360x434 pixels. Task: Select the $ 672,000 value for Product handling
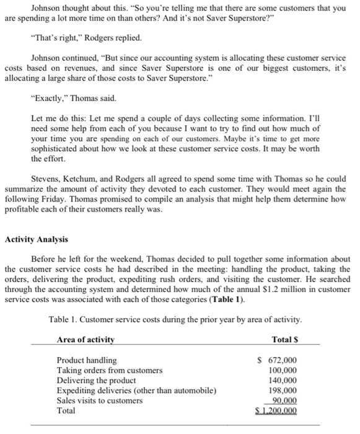pos(277,360)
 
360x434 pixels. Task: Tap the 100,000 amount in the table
pos(281,370)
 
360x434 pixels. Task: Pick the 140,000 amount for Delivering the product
pos(281,380)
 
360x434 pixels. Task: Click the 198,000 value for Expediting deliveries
pos(281,390)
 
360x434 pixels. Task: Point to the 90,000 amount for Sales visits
pos(284,400)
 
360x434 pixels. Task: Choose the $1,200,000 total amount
pos(277,410)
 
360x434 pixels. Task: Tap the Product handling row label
pos(86,360)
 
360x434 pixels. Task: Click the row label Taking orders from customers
pos(110,370)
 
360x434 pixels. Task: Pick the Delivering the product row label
pos(96,380)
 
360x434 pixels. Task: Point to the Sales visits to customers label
pos(99,400)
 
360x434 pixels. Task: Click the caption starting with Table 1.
pos(175,320)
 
